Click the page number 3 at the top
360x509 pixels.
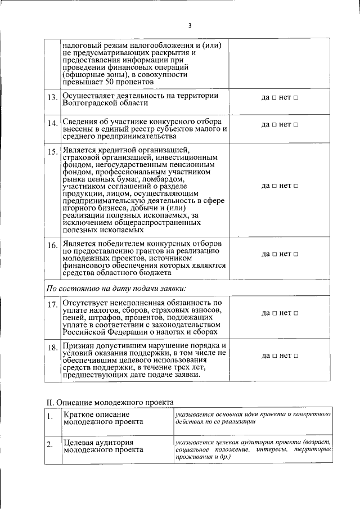coord(190,25)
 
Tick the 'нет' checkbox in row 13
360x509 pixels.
coord(295,98)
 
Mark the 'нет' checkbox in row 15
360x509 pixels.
coord(295,186)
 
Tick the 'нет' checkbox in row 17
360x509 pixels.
coord(295,313)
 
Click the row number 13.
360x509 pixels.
coord(52,98)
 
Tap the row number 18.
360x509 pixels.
coord(52,348)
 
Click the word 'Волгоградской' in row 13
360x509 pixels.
coord(88,103)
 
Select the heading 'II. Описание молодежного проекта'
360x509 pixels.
coord(110,401)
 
